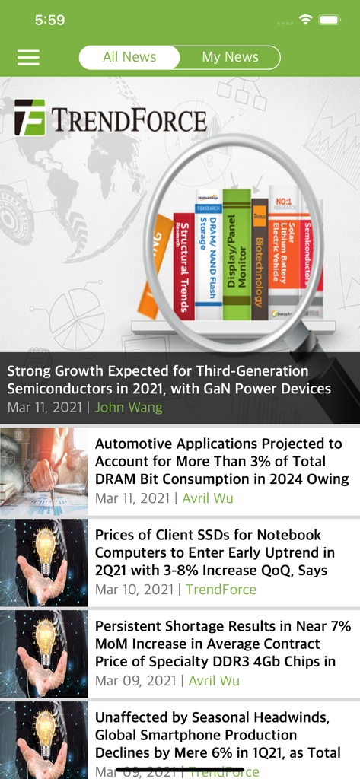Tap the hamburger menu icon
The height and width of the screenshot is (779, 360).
point(28,58)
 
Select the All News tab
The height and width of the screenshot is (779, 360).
point(129,57)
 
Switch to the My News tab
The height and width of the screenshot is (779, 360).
point(230,57)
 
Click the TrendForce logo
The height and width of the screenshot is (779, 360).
point(110,119)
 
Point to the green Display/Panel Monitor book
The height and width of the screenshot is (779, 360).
point(237,255)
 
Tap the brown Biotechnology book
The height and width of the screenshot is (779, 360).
point(259,259)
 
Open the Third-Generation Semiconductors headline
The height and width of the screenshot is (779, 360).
point(169,380)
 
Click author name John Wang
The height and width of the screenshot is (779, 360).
point(128,407)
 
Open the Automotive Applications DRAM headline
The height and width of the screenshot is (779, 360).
point(218,461)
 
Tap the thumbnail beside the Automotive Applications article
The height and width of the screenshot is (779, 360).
point(44,472)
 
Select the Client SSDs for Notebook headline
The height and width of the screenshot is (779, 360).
point(215,552)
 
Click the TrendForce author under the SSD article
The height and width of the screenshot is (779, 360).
point(221,590)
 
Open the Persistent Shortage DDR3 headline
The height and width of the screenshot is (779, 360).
point(223,644)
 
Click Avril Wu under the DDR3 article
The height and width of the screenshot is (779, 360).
point(214,681)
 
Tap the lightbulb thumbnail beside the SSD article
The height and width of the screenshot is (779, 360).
point(44,563)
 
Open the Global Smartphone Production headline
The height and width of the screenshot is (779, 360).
point(218,735)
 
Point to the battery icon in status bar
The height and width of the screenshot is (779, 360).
point(330,19)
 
